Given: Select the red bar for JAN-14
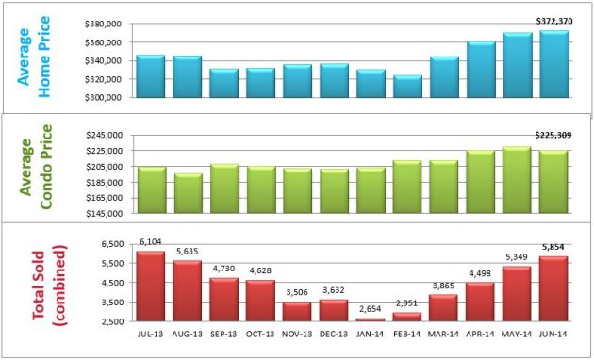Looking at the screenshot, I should [371, 320].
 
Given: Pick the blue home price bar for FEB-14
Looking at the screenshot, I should [407, 87].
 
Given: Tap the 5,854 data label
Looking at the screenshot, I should [554, 249].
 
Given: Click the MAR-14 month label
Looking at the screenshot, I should [444, 333].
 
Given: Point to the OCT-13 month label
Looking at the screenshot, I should [261, 333].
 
